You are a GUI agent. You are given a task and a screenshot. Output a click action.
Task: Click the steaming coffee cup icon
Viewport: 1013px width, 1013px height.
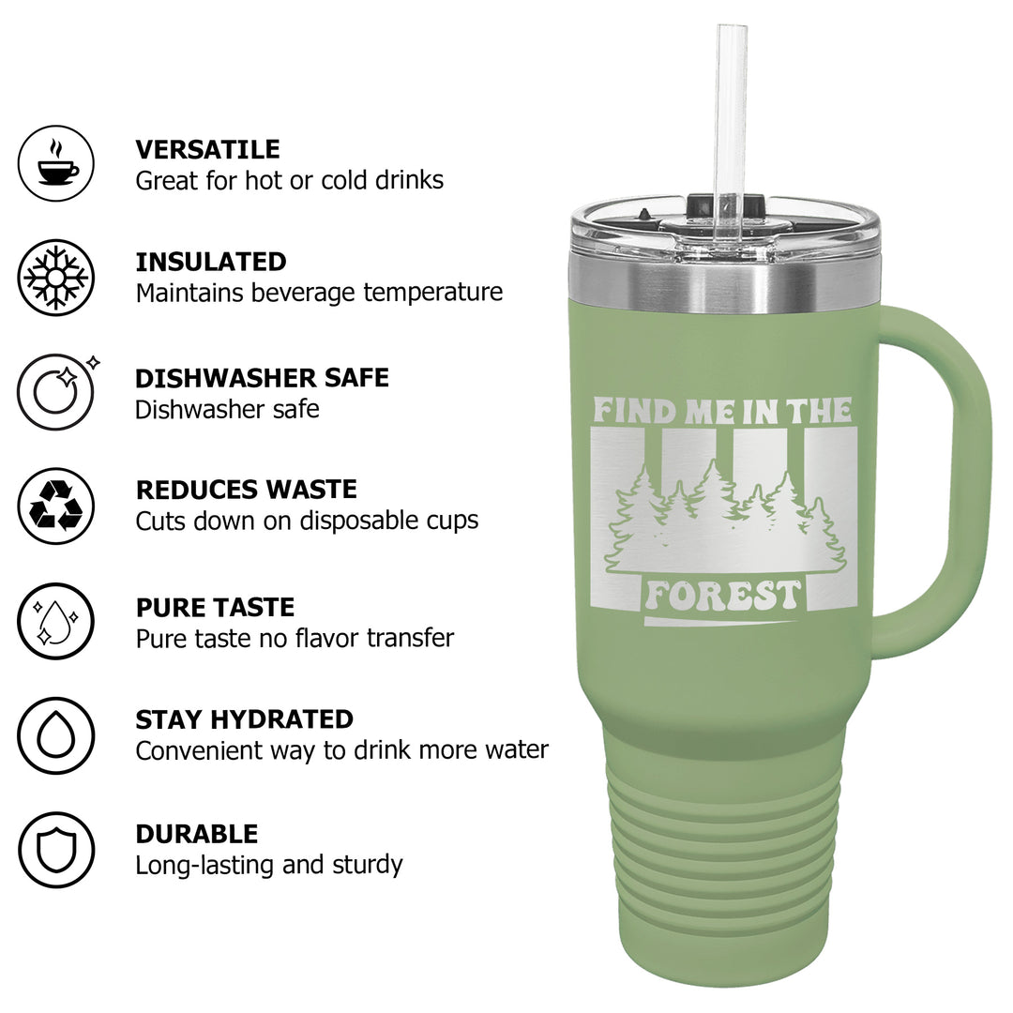coord(56,163)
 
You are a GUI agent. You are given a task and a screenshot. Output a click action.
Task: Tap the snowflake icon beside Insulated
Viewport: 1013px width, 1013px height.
coord(56,277)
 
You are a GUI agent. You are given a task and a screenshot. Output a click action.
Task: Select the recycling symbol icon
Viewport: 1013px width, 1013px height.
coord(56,506)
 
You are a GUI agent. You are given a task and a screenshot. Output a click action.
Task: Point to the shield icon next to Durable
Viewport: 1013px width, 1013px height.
coord(56,850)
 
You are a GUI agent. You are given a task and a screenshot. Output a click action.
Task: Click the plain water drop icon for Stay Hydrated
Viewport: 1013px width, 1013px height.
coord(56,735)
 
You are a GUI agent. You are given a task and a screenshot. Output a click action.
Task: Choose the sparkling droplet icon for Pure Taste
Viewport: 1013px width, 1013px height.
coord(56,621)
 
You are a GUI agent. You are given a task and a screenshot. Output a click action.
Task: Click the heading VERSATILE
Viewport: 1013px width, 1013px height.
coord(207,149)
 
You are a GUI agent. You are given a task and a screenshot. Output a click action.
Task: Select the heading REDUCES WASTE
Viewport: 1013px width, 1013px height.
coord(246,490)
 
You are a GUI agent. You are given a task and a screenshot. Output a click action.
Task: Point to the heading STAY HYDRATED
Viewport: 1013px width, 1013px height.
coord(244,719)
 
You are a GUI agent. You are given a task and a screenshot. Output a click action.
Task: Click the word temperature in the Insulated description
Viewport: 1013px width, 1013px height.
coord(432,293)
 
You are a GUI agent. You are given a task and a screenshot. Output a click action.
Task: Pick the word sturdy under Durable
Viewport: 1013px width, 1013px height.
coord(368,865)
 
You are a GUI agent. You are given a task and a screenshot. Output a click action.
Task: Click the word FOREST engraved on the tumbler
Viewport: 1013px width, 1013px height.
coord(723,595)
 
